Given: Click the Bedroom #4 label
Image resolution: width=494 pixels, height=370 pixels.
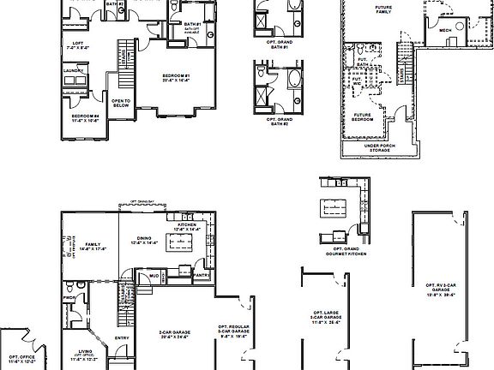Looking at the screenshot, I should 84,117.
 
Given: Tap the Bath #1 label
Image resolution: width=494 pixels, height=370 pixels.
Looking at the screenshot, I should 192,25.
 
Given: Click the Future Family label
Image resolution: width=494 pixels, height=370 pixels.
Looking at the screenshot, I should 383,10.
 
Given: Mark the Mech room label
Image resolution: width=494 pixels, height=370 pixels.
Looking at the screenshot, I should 445,30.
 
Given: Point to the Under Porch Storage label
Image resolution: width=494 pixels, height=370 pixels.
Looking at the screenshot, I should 383,147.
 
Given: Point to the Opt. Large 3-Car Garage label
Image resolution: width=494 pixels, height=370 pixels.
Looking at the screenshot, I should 325,318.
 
